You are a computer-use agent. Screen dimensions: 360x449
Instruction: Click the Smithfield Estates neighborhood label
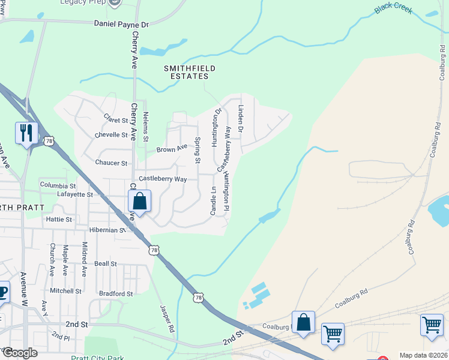click(190, 73)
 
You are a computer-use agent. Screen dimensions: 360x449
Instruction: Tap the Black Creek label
click(395, 8)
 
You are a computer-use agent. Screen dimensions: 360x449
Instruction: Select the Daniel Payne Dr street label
click(121, 25)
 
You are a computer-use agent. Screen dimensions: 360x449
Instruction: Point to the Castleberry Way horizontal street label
click(163, 179)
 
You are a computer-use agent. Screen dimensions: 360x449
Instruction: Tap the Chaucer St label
click(111, 163)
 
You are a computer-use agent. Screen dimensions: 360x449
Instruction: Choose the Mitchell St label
click(65, 291)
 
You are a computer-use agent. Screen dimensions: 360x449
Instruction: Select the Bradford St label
click(116, 294)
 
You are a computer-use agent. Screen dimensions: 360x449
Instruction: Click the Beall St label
click(105, 264)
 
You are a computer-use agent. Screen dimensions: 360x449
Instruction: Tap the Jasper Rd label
click(166, 317)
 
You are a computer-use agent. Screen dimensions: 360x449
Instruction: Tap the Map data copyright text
click(423, 355)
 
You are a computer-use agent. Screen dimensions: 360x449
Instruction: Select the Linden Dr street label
click(241, 118)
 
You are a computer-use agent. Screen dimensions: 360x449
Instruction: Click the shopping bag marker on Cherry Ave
click(139, 202)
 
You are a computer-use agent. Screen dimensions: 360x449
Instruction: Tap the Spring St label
click(197, 150)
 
